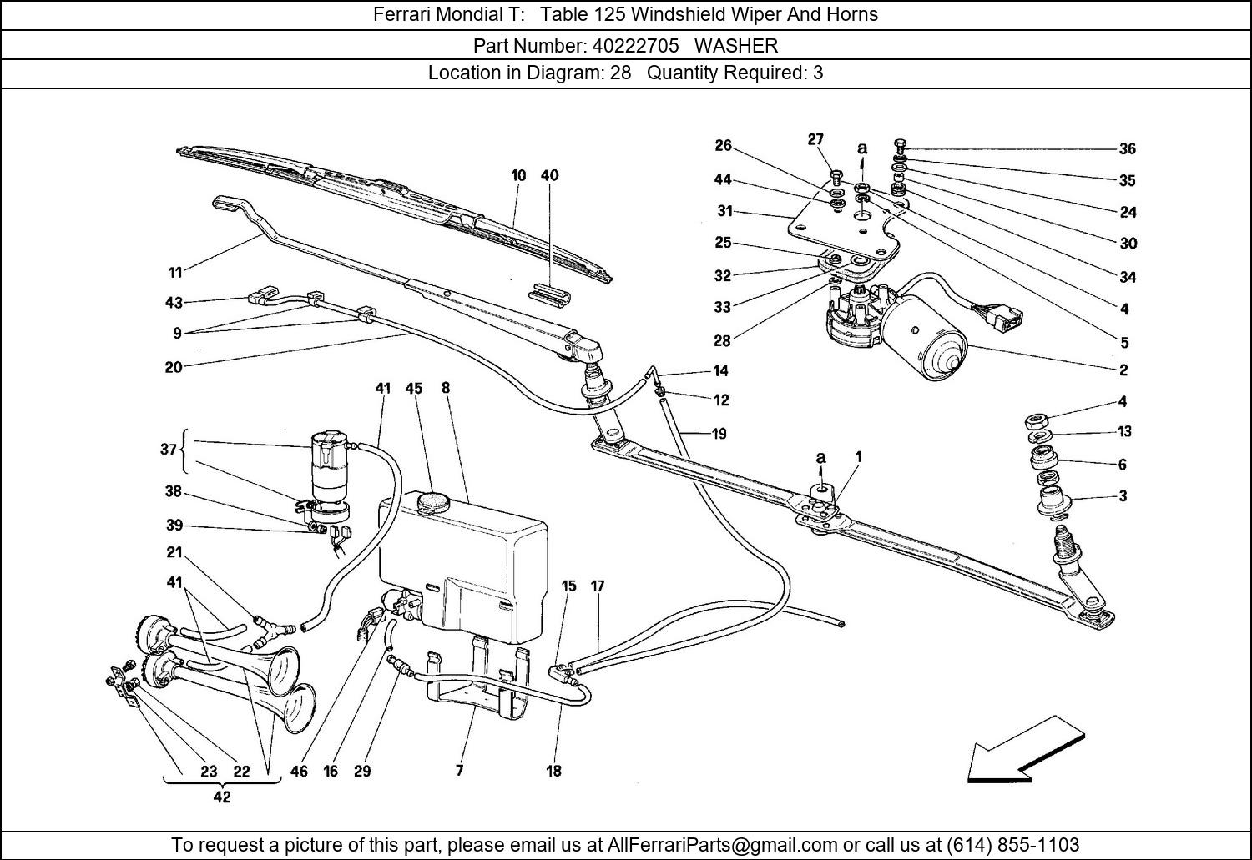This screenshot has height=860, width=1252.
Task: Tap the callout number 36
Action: tap(1128, 149)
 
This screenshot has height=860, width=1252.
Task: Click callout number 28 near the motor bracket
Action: tap(722, 340)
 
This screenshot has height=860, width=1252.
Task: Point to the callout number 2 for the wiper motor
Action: tap(1123, 370)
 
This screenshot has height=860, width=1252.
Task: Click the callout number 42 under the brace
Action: tap(221, 797)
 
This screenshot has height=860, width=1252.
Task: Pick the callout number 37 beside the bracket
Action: tap(169, 449)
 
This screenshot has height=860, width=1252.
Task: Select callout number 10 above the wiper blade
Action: tap(518, 175)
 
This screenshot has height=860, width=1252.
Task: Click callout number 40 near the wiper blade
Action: tap(550, 175)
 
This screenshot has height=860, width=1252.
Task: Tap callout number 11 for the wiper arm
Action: tap(174, 272)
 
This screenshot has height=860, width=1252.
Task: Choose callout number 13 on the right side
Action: tap(1124, 432)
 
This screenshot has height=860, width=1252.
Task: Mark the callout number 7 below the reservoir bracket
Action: tap(459, 771)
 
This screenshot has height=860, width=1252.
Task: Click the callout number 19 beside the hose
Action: tap(719, 434)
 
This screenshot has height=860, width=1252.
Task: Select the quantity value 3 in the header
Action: tap(818, 73)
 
